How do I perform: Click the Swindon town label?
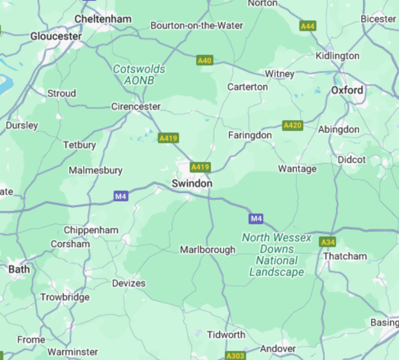(x=192, y=184)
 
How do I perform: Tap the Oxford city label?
(x=347, y=90)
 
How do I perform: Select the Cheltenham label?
(x=103, y=19)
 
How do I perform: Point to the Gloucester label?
(x=56, y=36)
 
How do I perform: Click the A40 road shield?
(x=204, y=61)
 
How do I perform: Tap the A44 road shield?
(x=307, y=26)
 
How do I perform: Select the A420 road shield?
(x=292, y=125)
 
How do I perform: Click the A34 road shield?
(x=328, y=242)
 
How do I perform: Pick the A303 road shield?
(x=235, y=355)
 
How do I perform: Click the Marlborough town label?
(x=208, y=250)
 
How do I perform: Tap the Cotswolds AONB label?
(x=139, y=75)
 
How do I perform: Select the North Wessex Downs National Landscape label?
(x=277, y=254)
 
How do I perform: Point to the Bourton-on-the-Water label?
(x=197, y=25)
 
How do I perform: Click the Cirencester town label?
(x=136, y=106)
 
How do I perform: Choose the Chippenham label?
(x=91, y=230)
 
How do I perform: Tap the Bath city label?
(x=19, y=269)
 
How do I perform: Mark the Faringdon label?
(x=250, y=135)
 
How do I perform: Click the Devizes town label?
(x=129, y=283)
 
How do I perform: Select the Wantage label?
(x=297, y=169)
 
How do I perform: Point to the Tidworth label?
(x=226, y=335)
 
